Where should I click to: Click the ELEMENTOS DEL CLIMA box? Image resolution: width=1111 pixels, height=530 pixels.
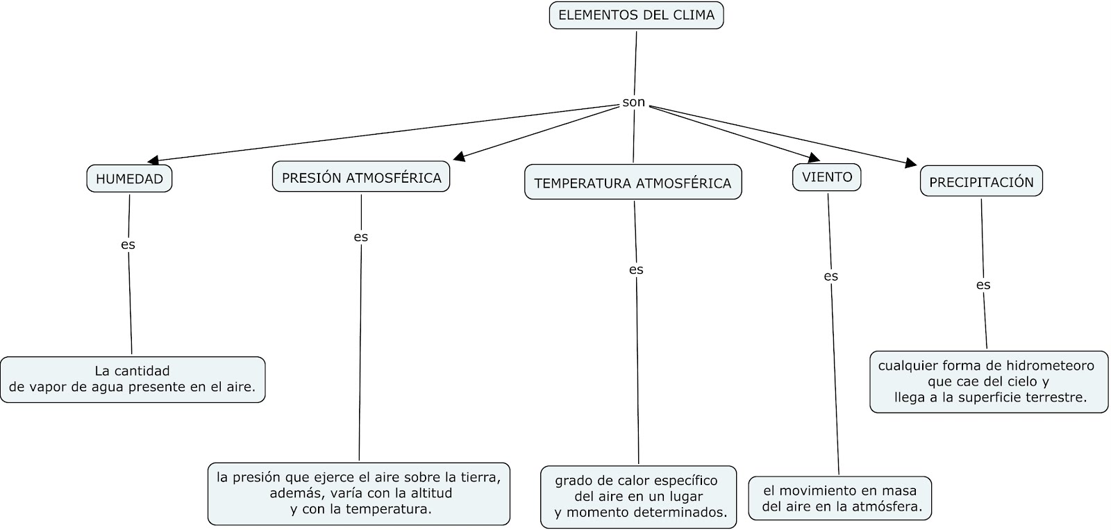[x=636, y=15]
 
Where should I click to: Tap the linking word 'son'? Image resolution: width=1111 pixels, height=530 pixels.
[x=633, y=103]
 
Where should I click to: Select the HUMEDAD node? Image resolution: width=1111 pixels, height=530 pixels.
[x=129, y=179]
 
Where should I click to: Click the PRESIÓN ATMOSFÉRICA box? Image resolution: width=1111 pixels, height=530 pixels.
[x=361, y=178]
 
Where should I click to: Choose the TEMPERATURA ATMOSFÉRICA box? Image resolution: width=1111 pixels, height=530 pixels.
[x=633, y=183]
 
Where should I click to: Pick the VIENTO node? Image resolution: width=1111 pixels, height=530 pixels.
[x=826, y=177]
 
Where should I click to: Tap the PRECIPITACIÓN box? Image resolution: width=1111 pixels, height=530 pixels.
[x=980, y=182]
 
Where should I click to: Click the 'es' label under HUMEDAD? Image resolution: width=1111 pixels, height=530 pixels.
[x=128, y=245]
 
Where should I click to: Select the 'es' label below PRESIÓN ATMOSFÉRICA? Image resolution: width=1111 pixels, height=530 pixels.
[x=360, y=237]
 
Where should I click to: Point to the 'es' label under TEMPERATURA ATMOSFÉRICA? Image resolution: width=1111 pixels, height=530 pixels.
[x=636, y=270]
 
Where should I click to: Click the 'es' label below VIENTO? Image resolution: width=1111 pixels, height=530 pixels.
[x=830, y=276]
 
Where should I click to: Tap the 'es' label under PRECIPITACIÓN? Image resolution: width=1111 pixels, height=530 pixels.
[x=983, y=285]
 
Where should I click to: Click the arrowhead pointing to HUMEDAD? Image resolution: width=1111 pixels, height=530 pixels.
[x=153, y=160]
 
